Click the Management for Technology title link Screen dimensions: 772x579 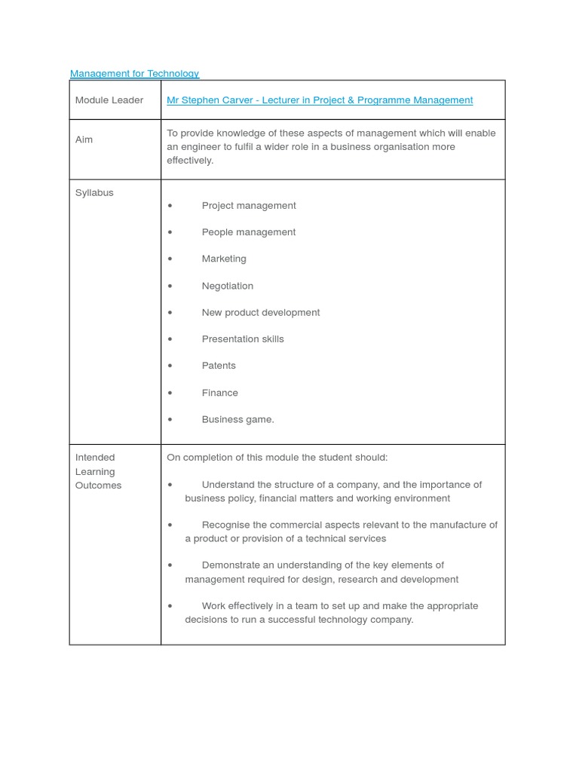coord(134,73)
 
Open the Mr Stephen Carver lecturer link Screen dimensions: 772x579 coord(320,100)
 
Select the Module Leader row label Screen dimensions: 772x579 coord(109,100)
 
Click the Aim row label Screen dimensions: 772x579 coord(84,139)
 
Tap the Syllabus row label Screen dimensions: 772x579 coord(94,192)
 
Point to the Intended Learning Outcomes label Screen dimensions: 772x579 coord(98,471)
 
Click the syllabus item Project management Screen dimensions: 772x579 coord(249,205)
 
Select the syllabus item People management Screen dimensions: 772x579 coord(249,232)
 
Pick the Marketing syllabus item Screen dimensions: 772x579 coord(224,259)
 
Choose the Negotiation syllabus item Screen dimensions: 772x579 coord(228,286)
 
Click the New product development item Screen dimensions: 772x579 coord(261,312)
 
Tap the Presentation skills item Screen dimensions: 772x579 coord(243,339)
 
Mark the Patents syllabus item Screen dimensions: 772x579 coord(219,366)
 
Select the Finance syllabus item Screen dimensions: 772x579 coord(219,393)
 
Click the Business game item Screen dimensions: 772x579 coord(237,419)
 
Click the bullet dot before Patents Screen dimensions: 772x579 coord(170,366)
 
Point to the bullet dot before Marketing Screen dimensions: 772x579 coord(170,259)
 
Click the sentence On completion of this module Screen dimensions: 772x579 coord(277,457)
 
